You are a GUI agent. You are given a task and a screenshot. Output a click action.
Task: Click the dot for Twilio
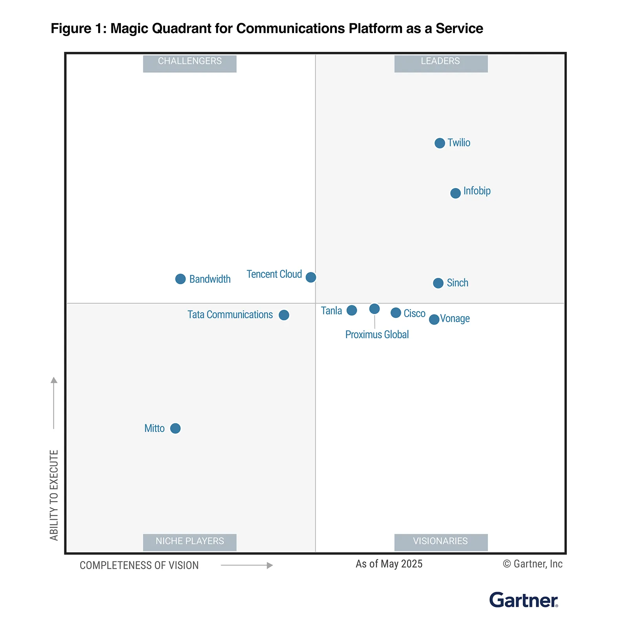[440, 143]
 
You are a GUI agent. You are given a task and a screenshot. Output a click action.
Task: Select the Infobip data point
[455, 193]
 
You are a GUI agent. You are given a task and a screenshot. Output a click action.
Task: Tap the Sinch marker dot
[438, 283]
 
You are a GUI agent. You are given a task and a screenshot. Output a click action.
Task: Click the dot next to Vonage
[434, 319]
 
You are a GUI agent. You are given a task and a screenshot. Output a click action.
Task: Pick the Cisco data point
[396, 313]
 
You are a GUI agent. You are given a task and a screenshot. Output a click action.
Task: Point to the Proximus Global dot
[374, 309]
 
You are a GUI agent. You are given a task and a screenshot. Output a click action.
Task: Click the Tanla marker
[352, 310]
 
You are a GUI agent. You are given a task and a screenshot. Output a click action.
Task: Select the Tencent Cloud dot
[310, 277]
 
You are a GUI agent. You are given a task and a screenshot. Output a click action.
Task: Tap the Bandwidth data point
[180, 279]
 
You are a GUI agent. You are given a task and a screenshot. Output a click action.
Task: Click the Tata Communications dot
[284, 315]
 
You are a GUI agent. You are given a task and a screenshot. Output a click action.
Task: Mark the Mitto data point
[175, 428]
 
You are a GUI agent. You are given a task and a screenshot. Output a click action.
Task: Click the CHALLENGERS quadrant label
[190, 63]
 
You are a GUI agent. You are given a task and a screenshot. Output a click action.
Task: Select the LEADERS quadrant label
[441, 63]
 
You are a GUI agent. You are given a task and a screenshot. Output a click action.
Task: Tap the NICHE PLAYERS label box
[190, 542]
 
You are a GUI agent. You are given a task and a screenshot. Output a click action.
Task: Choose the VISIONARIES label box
[441, 542]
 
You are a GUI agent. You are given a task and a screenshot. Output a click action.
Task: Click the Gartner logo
[523, 600]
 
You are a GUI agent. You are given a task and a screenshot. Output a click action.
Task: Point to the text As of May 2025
[389, 564]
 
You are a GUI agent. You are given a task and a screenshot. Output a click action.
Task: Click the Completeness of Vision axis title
[139, 565]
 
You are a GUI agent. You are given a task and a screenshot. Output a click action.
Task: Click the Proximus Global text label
[377, 334]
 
